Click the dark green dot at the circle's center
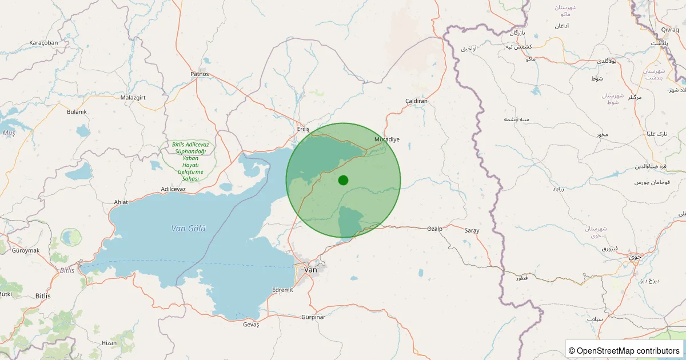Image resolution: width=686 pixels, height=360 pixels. [343, 180]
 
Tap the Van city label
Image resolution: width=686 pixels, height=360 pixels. [310, 270]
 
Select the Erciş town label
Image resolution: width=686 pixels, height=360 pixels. [303, 130]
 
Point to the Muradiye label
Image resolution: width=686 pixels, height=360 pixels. [386, 139]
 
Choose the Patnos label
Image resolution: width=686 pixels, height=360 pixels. [200, 74]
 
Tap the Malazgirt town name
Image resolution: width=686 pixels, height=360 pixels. [134, 98]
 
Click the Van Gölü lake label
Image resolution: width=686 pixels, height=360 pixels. [188, 229]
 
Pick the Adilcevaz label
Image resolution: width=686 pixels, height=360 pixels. [173, 189]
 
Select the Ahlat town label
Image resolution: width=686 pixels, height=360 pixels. [122, 202]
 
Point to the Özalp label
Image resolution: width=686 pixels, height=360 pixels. [435, 229]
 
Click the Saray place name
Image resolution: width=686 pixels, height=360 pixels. [472, 230]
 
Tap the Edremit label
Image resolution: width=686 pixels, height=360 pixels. [283, 290]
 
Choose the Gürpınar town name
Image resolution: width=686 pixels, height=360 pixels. [313, 317]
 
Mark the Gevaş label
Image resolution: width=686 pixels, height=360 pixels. [251, 325]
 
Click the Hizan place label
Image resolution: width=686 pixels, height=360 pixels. [109, 343]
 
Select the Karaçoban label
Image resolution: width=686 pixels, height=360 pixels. [44, 43]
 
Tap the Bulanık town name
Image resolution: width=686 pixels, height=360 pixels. [77, 112]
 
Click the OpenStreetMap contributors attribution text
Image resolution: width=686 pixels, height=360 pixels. [625, 350]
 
